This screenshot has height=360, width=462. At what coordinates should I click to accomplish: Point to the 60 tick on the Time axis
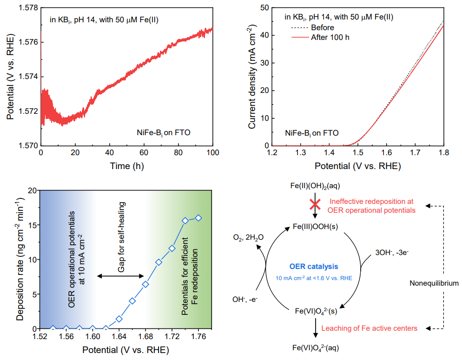click(x=144, y=153)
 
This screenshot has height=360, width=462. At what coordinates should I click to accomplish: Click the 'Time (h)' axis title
click(x=127, y=165)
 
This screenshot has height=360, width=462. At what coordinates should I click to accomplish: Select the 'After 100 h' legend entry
click(x=330, y=37)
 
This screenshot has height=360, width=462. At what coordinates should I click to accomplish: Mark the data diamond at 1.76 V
click(x=198, y=218)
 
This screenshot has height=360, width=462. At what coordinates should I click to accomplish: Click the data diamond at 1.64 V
click(x=119, y=319)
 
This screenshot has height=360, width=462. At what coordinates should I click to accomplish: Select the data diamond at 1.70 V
click(x=159, y=262)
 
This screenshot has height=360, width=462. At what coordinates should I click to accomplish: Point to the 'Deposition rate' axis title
click(x=21, y=259)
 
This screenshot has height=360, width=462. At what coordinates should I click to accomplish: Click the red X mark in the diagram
click(x=316, y=204)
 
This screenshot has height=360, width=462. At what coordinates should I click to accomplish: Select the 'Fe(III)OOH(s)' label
click(x=316, y=226)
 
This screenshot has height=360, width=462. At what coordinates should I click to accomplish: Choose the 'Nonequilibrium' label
click(x=434, y=283)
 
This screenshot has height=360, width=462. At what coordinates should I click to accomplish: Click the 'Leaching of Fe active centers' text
click(x=370, y=328)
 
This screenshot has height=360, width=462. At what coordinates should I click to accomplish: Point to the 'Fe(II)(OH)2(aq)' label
click(x=316, y=186)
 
